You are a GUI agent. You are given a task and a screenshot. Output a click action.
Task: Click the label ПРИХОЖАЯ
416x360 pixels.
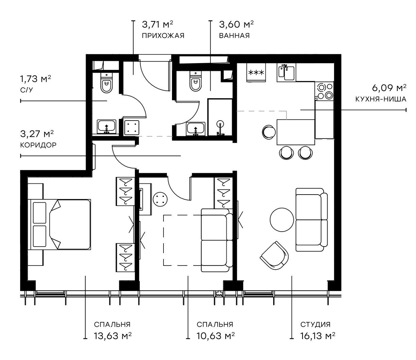(x=163, y=36)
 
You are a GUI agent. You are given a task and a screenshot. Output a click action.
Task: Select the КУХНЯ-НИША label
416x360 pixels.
(x=381, y=100)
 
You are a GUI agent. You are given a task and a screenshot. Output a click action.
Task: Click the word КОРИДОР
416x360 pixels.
(x=38, y=145)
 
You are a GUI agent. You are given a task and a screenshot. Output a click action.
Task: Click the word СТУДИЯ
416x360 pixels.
(x=315, y=325)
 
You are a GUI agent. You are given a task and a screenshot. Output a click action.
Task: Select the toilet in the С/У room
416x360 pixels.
(x=107, y=84)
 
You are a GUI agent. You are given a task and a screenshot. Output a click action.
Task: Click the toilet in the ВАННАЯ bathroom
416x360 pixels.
(x=195, y=82)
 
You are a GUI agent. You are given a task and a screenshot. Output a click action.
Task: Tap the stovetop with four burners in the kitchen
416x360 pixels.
(x=325, y=91)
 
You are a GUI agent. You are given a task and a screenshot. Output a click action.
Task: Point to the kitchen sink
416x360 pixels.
(x=287, y=72)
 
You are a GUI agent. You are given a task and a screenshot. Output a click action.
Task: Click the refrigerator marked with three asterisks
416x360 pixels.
(x=256, y=73)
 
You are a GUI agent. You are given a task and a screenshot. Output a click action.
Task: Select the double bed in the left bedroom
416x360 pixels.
(x=60, y=224)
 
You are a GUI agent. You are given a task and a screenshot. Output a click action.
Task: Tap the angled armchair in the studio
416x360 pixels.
(x=275, y=255)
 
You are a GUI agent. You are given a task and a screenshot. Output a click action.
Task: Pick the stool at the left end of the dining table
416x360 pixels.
(x=268, y=132)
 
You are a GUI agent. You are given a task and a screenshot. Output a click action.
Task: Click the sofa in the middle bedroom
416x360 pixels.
(x=216, y=240)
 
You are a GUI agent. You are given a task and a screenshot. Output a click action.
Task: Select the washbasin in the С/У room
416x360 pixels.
(x=107, y=127)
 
